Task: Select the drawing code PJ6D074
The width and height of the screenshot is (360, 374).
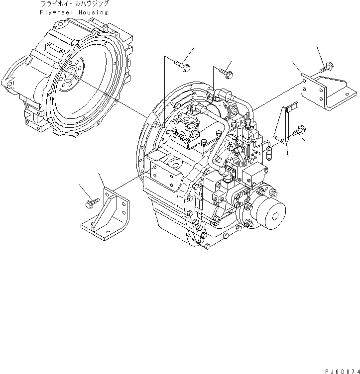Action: [x=337, y=370]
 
